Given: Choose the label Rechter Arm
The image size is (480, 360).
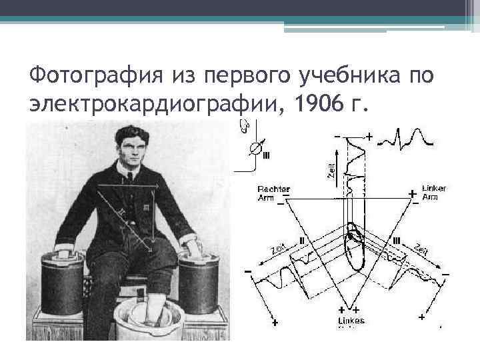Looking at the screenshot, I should pyautogui.click(x=274, y=193).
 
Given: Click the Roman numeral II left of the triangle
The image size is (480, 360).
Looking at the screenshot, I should pyautogui.click(x=302, y=239).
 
